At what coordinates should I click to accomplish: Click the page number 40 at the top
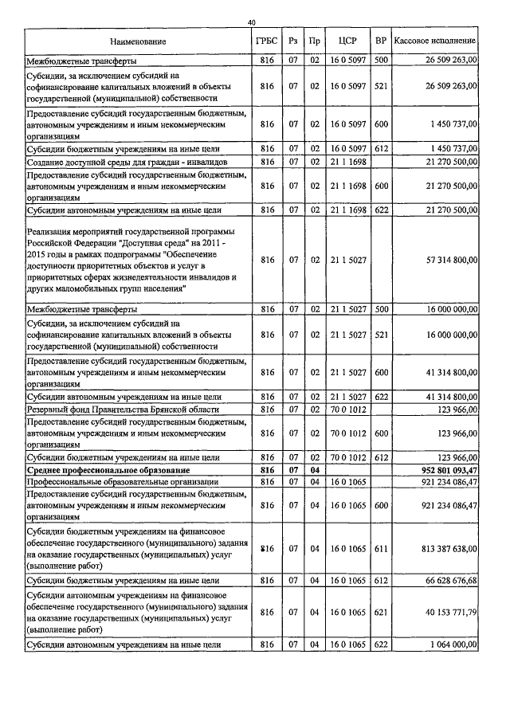coord(252,22)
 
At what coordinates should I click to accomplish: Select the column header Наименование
coord(139,41)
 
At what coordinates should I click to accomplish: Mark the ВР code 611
coord(381,548)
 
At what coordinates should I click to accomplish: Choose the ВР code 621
coord(381,613)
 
